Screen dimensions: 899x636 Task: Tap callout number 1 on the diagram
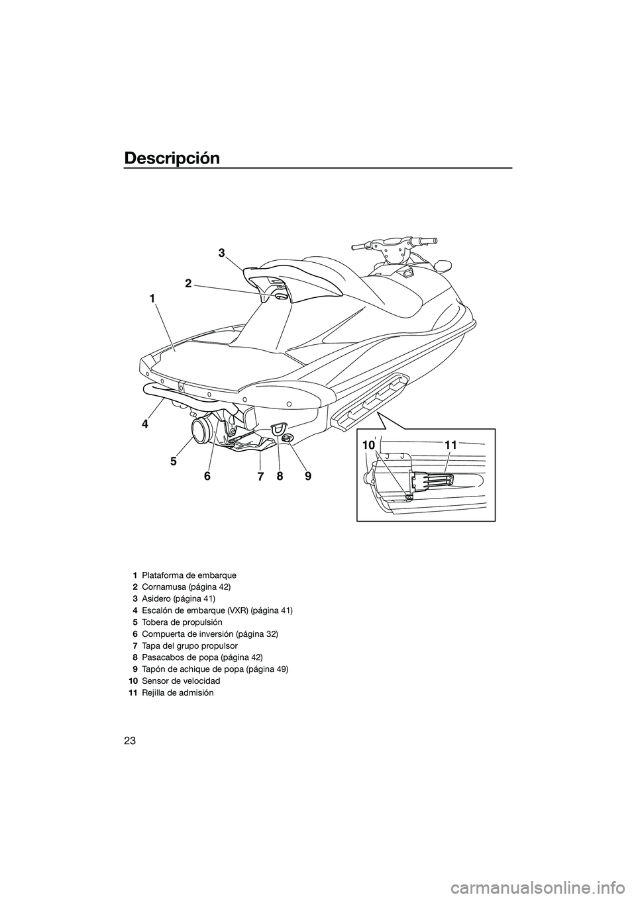pos(152,299)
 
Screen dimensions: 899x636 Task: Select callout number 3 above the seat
pos(221,252)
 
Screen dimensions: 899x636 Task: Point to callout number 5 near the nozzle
pos(174,461)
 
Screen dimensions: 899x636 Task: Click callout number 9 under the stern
pos(308,475)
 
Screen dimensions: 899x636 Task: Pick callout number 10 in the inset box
pos(369,446)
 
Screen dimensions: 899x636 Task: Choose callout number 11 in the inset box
pos(451,446)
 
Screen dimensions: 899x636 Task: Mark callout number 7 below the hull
pos(260,475)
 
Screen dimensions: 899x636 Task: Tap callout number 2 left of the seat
pos(188,283)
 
